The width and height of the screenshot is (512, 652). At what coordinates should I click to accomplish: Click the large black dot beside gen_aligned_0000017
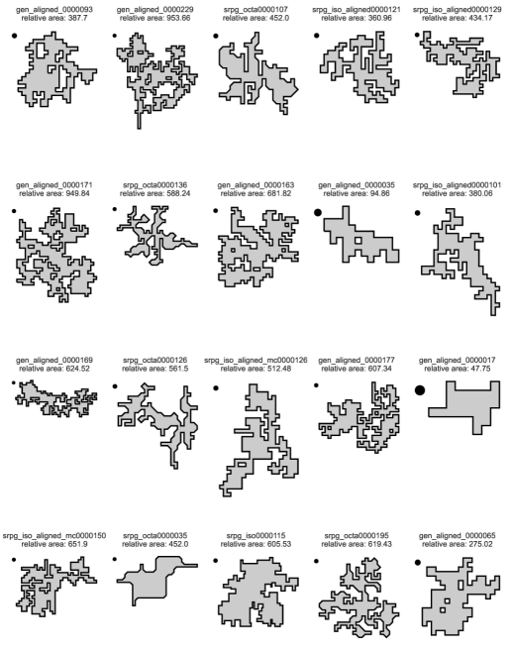420,390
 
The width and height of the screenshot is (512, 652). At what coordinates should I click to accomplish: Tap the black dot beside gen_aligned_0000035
318,212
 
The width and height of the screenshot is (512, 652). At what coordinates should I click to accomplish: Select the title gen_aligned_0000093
54,9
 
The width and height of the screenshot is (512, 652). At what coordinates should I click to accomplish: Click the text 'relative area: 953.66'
155,18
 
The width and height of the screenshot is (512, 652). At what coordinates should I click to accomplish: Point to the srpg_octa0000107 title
256,9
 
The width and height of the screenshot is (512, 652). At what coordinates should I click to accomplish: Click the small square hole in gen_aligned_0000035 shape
358,241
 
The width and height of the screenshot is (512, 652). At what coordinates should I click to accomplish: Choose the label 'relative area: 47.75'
458,369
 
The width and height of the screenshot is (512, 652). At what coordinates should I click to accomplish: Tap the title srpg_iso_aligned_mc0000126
256,360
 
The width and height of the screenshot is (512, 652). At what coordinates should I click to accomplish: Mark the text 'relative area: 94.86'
357,193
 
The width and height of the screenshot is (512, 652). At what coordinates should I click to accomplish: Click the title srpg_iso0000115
256,535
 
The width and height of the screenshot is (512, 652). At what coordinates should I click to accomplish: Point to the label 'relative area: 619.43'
357,544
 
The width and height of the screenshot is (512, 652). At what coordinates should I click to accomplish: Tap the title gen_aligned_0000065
458,535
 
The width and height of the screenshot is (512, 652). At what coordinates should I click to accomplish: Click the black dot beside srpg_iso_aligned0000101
418,213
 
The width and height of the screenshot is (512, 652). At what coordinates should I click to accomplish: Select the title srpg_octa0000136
155,184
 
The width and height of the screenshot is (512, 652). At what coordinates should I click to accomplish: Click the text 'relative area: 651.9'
54,544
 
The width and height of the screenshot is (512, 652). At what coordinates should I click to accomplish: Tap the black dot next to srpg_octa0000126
115,386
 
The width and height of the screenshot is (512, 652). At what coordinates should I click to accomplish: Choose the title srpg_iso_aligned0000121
357,9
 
